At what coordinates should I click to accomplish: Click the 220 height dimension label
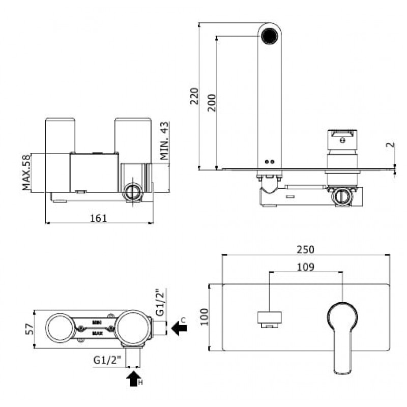[194, 96]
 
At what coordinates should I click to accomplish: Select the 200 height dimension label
[212, 103]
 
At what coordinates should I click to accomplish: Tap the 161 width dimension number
[98, 218]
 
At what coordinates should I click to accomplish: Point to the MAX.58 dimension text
[26, 172]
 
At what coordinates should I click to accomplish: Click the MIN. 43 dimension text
[164, 141]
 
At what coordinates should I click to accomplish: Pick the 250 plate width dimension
[306, 250]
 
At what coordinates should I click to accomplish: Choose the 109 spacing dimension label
[306, 267]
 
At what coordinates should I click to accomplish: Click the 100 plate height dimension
[205, 316]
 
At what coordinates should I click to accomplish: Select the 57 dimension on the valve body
[30, 329]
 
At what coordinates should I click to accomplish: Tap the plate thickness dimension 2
[390, 145]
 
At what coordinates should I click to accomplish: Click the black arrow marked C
[180, 328]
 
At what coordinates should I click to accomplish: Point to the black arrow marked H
[134, 379]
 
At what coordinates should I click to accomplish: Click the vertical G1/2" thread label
[161, 302]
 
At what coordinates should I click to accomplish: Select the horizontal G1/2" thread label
[107, 360]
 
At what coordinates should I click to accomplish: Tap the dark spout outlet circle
[270, 36]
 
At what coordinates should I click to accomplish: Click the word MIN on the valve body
[97, 323]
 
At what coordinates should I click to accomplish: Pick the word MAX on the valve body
[97, 333]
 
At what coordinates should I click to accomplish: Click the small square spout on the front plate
[270, 319]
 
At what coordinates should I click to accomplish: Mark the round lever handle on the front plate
[342, 338]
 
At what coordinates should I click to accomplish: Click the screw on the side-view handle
[342, 140]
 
